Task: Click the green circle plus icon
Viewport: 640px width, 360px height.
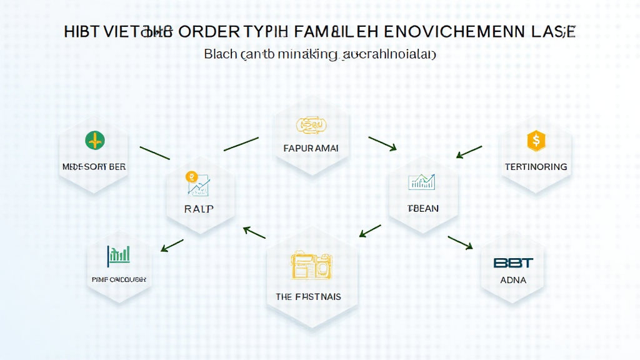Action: [95, 141]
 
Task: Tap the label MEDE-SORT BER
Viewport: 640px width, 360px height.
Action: [94, 167]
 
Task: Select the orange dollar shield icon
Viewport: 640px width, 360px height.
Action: [536, 140]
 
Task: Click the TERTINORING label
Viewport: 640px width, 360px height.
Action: [536, 167]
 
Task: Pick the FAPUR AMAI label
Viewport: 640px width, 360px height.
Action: [311, 149]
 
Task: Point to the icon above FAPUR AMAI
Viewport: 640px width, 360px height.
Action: [311, 126]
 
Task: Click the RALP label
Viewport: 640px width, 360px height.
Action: [199, 209]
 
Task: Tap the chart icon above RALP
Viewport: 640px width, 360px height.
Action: [198, 183]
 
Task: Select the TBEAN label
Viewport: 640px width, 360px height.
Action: [422, 208]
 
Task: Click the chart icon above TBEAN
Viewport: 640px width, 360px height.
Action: [422, 182]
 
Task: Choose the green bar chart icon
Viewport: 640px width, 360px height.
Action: [119, 254]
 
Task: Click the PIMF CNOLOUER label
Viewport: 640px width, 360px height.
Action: [119, 279]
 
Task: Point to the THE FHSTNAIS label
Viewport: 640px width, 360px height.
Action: [309, 297]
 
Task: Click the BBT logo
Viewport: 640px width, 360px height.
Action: [512, 263]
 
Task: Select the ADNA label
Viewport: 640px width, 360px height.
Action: [513, 280]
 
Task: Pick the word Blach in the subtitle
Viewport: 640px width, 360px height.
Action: [220, 54]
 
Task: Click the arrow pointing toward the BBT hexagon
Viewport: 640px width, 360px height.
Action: [460, 242]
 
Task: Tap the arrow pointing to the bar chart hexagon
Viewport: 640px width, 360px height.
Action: [172, 245]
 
